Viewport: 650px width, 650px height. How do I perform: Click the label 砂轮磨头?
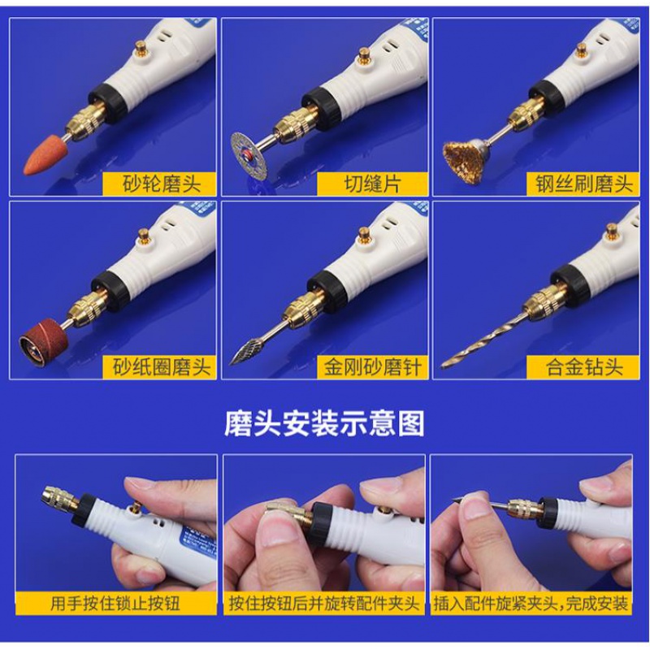162,183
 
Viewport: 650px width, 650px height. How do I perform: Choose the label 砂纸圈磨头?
162,367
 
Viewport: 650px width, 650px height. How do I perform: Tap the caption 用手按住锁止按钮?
116,604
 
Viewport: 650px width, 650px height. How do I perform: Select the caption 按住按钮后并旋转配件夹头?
324,604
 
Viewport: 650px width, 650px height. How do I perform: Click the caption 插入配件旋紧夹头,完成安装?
531,604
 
